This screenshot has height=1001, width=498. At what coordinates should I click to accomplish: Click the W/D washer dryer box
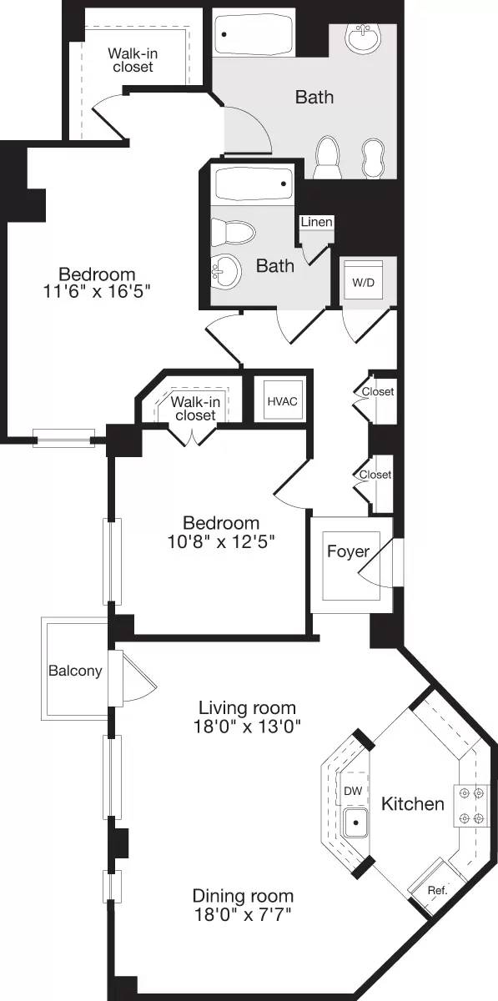[363, 282]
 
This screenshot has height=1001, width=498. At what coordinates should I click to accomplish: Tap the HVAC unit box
[282, 401]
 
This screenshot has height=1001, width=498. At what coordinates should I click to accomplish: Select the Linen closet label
[317, 223]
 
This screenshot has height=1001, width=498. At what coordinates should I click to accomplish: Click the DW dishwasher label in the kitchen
[353, 789]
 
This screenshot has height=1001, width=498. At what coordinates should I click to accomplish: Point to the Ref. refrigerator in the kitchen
[436, 890]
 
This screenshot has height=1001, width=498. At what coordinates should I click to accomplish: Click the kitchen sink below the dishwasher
[356, 823]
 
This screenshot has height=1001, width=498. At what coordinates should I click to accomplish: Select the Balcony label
[74, 671]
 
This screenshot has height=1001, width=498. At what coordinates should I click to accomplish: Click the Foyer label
[348, 551]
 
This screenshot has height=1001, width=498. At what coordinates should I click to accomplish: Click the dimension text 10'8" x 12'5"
[221, 541]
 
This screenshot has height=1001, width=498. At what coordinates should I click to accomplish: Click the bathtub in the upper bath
[253, 36]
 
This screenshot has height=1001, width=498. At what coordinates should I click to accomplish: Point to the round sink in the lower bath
[224, 269]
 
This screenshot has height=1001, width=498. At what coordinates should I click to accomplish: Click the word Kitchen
[412, 804]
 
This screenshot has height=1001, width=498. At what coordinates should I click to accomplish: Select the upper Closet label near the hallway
[377, 391]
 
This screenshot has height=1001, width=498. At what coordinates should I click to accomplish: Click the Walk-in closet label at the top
[132, 60]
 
